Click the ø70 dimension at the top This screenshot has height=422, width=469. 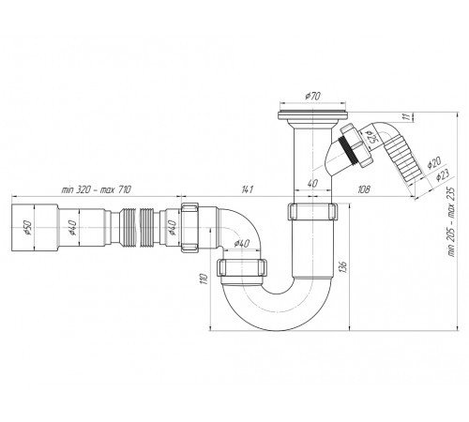click(312, 96)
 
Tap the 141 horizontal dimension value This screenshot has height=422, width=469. click(248, 189)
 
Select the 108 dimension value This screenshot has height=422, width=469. click(364, 189)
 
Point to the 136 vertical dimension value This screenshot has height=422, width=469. click(343, 266)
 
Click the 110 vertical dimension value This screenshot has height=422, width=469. click(204, 279)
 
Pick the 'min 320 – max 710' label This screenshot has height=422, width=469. click(97, 189)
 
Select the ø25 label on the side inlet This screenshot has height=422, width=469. click(372, 137)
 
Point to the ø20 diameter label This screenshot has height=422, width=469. click(434, 162)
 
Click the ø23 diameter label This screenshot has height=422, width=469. click(443, 175)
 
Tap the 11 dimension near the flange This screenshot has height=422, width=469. click(406, 116)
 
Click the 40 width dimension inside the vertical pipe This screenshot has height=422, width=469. click(312, 184)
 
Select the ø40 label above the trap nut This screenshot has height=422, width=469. click(241, 243)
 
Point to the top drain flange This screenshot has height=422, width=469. click(312, 114)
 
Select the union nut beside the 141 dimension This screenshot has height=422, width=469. click(189, 227)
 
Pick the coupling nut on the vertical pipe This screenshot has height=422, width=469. click(312, 212)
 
